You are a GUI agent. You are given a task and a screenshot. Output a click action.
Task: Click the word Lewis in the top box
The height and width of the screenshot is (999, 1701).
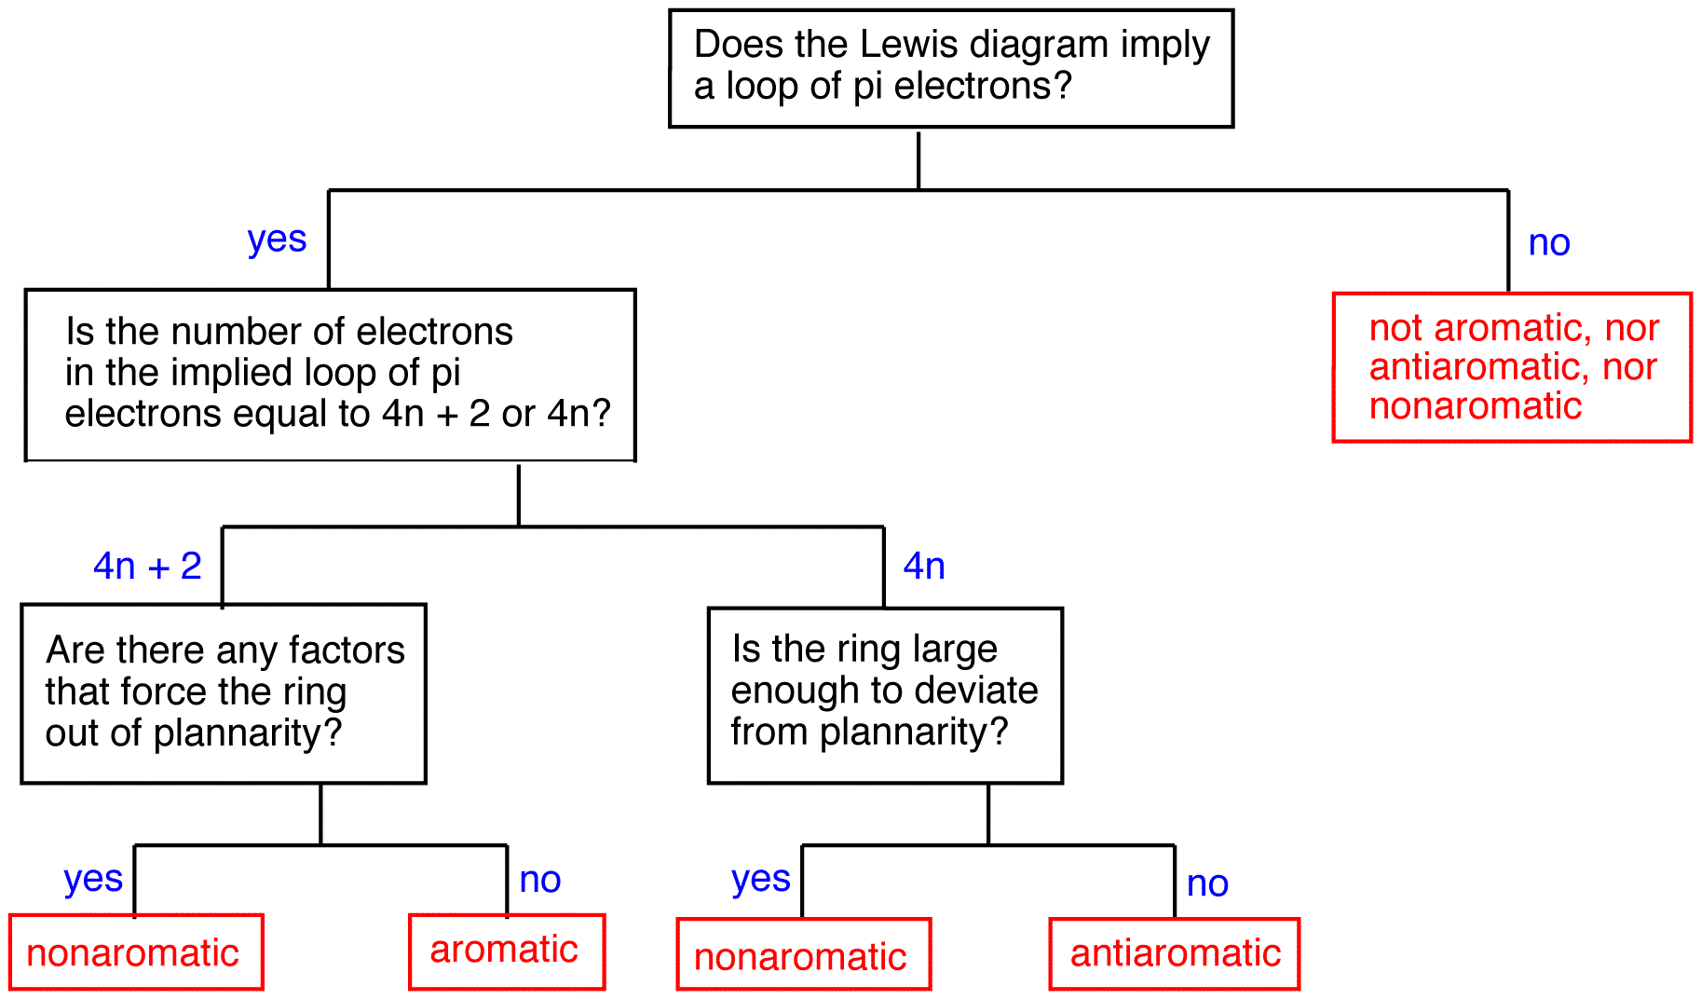[x=892, y=45]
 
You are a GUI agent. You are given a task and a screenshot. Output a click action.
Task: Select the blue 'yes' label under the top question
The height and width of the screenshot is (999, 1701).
[x=277, y=240]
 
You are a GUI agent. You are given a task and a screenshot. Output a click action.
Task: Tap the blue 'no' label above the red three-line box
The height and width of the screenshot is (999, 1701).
[x=1549, y=243]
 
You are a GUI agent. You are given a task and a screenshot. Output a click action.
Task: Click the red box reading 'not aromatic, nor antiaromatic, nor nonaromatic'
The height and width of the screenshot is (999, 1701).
[x=1512, y=367]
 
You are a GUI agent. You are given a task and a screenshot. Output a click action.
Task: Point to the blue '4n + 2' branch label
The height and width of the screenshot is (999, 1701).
[x=147, y=566]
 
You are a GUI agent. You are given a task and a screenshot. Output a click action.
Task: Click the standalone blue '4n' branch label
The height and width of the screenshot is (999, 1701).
[x=924, y=566]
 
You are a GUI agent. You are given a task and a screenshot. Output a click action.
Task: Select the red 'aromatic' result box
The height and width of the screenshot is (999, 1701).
[x=506, y=951]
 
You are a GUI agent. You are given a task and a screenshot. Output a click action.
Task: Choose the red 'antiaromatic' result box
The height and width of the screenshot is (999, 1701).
[x=1175, y=953]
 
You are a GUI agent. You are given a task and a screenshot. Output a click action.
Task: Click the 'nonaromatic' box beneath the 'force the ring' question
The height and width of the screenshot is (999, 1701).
[x=136, y=952]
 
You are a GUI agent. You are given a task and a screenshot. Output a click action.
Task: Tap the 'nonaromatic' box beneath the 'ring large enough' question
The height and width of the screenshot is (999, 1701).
[x=803, y=956]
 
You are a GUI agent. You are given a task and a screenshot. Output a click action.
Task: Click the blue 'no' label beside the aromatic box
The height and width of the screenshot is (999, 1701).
[x=539, y=880]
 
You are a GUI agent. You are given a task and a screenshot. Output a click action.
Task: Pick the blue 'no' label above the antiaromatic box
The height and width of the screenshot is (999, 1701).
[x=1207, y=883]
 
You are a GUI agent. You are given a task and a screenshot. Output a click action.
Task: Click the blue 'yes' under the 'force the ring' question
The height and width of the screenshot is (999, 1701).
[x=93, y=879]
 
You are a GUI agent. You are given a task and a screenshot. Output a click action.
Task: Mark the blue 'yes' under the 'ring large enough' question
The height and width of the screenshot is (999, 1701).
[x=761, y=879]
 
